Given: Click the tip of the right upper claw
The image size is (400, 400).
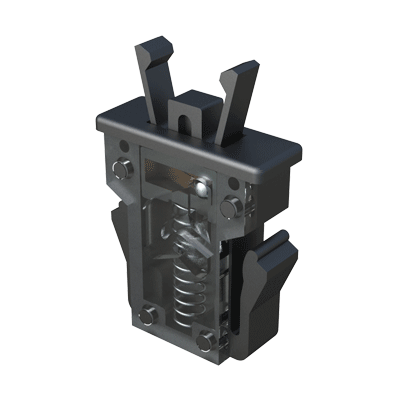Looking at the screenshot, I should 243,70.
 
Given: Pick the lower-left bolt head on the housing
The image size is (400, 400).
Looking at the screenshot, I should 145,318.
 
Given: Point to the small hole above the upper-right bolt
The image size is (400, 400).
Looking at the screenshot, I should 234,183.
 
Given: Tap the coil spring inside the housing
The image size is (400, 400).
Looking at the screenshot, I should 186,290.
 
